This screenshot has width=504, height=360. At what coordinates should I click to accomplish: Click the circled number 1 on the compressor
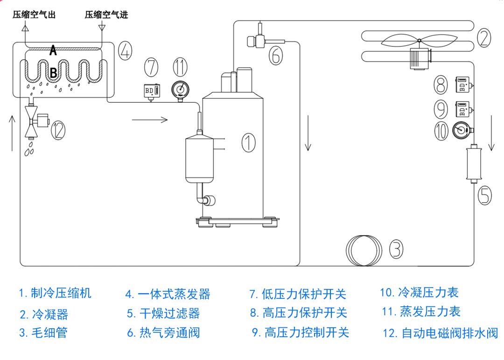pos(248,142)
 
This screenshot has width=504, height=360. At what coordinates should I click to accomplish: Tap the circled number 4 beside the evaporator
pos(125,51)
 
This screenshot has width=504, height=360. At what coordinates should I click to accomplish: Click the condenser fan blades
pos(419,41)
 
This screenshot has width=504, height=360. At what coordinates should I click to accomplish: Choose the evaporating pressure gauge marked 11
pos(180,90)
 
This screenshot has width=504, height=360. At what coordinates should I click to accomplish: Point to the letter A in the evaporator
pos(53,50)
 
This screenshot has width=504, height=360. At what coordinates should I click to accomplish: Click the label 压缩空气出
pos(34,14)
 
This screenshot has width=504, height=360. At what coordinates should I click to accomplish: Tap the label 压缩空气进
pos(106,14)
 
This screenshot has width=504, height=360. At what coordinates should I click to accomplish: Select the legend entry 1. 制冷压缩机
pos(55,293)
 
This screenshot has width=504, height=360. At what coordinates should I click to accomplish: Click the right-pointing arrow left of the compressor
pos(149,120)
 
